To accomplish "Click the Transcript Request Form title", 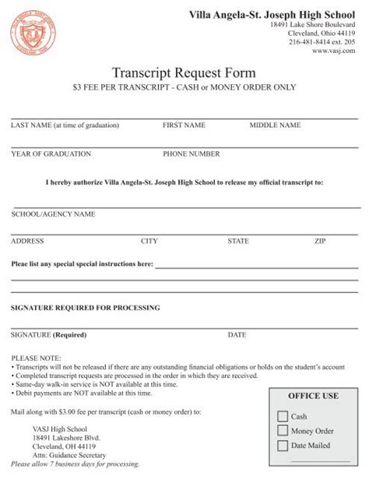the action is (x=184, y=72).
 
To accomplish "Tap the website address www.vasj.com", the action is (x=333, y=50).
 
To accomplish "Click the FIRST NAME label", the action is (x=184, y=125).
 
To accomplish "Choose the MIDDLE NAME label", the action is (x=275, y=125).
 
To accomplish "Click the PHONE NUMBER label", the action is (x=191, y=154).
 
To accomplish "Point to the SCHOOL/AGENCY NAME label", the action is (x=53, y=214).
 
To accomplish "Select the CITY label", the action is (x=149, y=242).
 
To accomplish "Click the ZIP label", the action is (x=320, y=242).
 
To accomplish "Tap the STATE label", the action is (x=238, y=242).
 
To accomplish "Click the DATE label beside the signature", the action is (x=237, y=335).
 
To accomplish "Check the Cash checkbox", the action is (x=283, y=416).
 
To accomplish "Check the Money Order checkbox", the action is (x=283, y=430).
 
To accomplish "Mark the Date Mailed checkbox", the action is (x=283, y=445).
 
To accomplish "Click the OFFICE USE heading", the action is (x=313, y=396).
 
